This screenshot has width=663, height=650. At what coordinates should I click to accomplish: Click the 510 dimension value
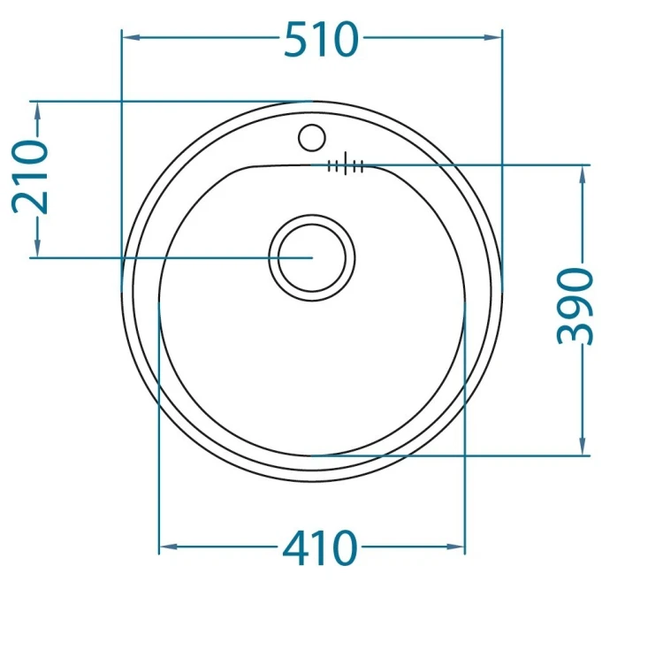322,39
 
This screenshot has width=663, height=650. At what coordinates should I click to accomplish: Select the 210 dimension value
30,177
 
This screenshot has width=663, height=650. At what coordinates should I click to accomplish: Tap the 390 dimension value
575,306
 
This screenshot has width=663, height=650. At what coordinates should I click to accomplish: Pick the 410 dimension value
320,548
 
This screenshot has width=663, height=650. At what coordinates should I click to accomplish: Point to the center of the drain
312,257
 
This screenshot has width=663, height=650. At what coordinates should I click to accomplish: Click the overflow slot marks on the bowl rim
346,164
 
